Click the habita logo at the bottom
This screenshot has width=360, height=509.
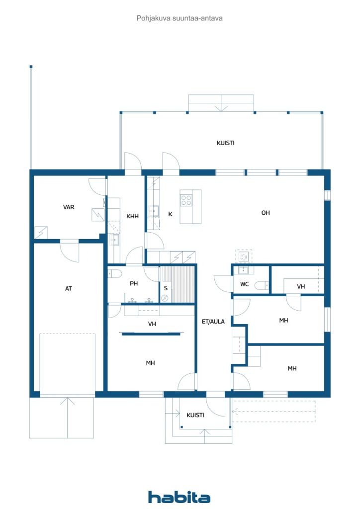pyautogui.click(x=179, y=497)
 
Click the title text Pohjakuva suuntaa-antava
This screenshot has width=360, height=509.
pyautogui.click(x=180, y=18)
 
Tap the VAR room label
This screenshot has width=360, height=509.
pyautogui.click(x=69, y=207)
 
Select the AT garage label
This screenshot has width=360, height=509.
pyautogui.click(x=69, y=288)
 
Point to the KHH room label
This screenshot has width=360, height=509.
pyautogui.click(x=132, y=216)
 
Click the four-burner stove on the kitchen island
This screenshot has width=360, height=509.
pyautogui.click(x=186, y=200)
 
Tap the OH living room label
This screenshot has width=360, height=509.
pyautogui.click(x=266, y=213)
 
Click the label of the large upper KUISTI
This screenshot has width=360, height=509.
pyautogui.click(x=225, y=143)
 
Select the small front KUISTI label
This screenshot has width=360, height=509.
pyautogui.click(x=195, y=415)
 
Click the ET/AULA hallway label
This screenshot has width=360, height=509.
pyautogui.click(x=213, y=322)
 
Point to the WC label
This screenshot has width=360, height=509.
pyautogui.click(x=244, y=284)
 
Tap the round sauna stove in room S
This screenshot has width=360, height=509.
pyautogui.click(x=165, y=298)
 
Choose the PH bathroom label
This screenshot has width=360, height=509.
pyautogui.click(x=134, y=284)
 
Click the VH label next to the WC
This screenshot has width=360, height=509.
pyautogui.click(x=301, y=287)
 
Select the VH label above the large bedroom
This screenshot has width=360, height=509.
pyautogui.click(x=152, y=324)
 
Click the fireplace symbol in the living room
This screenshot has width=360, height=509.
pyautogui.click(x=244, y=256)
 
